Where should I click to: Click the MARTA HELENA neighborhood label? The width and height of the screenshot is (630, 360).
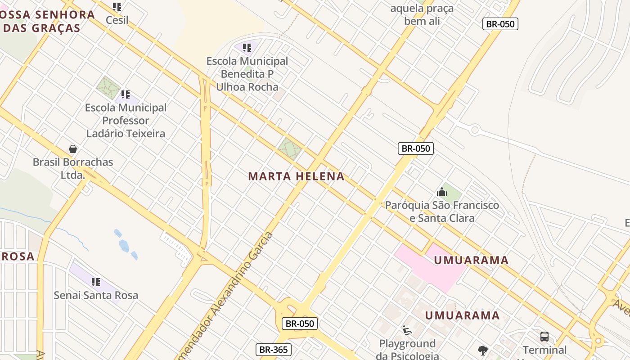pos(296,176)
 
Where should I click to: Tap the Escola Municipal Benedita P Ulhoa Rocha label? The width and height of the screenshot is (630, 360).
pos(247,74)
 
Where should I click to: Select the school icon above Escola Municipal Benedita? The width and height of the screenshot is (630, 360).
pos(247,47)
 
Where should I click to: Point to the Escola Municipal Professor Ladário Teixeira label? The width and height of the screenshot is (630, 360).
pos(126,121)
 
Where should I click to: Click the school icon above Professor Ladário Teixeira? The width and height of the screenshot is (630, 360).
pos(126,94)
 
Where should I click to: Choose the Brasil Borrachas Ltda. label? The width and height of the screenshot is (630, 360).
pos(73,168)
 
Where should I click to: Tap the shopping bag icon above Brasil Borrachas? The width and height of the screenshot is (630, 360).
pos(73,149)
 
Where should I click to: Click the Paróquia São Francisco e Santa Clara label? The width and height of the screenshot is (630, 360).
pos(442,211)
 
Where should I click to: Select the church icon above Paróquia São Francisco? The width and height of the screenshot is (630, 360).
pos(442,192)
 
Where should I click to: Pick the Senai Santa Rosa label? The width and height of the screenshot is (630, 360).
pos(96,295)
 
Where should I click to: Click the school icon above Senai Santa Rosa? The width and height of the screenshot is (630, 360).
pos(96,282)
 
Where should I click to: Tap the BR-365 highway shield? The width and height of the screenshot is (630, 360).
pos(274,350)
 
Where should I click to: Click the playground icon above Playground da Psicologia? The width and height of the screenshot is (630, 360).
pos(407,331)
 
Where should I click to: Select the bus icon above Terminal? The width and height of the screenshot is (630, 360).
pos(544,336)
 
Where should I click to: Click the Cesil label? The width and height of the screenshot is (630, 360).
pos(117,20)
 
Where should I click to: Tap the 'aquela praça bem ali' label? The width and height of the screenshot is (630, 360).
pos(422,15)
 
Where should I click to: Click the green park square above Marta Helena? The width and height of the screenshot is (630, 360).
pos(289,148)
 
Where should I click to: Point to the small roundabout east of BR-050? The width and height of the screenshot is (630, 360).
pos(474,130)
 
